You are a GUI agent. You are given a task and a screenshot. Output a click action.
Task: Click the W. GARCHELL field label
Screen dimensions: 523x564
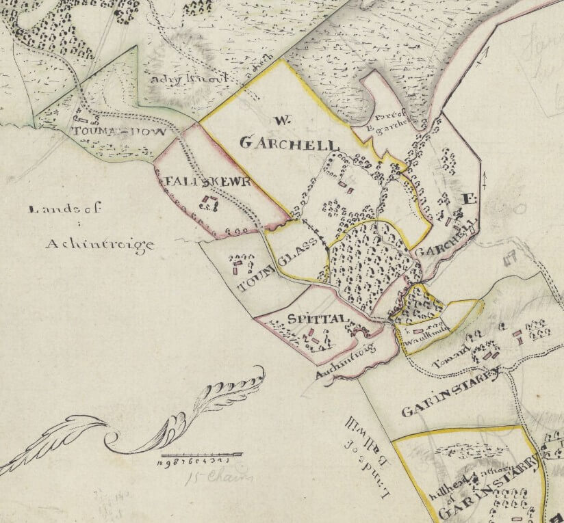[288, 137]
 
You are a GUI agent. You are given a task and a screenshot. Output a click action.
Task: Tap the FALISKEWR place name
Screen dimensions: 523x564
[200, 183]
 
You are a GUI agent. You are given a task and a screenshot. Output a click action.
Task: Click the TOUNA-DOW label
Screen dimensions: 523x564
[120, 131]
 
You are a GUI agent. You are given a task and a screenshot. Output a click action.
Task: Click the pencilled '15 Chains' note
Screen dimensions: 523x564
[207, 477]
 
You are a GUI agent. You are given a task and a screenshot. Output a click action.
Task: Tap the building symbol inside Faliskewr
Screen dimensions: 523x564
[207, 202]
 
